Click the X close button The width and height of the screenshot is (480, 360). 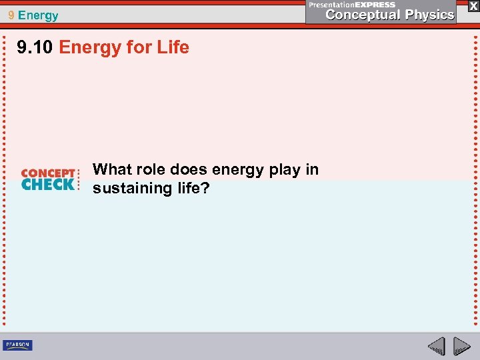pyautogui.click(x=473, y=5)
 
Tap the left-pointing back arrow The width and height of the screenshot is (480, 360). pyautogui.click(x=436, y=346)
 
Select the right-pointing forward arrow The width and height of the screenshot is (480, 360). pyautogui.click(x=461, y=346)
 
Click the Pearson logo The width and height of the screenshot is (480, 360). pyautogui.click(x=17, y=345)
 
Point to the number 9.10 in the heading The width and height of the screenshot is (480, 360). pyautogui.click(x=36, y=47)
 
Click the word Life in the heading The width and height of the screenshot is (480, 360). pyautogui.click(x=173, y=47)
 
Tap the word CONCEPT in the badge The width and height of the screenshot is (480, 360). pyautogui.click(x=48, y=173)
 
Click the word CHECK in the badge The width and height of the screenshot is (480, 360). pyautogui.click(x=48, y=185)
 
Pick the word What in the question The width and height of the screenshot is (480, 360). pyautogui.click(x=113, y=169)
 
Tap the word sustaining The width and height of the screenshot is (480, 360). pyautogui.click(x=131, y=189)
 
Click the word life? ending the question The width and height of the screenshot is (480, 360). pyautogui.click(x=191, y=188)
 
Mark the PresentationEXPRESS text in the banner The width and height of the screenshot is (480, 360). pyautogui.click(x=352, y=4)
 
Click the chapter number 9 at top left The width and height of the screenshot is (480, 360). pyautogui.click(x=11, y=15)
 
